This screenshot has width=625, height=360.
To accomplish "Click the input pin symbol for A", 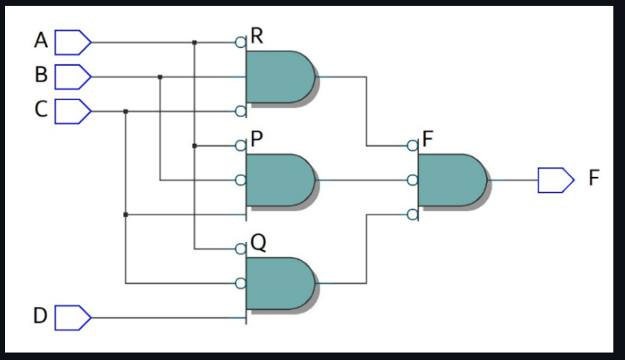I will click(72, 41).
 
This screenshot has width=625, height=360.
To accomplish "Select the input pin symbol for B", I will click(72, 76).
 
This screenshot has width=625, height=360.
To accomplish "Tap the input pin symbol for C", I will click(72, 111).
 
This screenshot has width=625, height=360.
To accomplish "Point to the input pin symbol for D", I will click(72, 318).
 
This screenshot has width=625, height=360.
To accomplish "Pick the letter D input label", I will click(41, 317).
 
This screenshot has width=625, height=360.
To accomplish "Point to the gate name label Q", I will click(258, 243).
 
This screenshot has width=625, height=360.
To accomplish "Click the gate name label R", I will click(258, 36).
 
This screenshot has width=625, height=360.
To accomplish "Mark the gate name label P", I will click(258, 139).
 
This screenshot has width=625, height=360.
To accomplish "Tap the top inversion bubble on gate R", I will click(241, 42).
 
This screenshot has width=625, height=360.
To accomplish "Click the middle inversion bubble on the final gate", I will click(413, 180).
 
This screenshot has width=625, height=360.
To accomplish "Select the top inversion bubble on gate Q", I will click(241, 249).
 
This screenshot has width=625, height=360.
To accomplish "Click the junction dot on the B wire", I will click(160, 76).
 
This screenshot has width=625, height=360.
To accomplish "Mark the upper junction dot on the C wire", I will click(125, 111).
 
